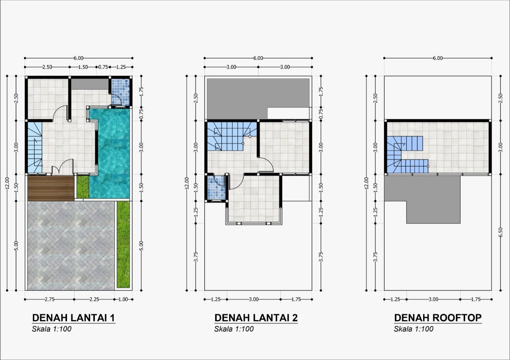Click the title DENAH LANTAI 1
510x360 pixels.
click(74, 318)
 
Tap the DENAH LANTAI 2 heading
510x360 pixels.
click(256, 318)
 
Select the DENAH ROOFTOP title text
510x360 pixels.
click(438, 318)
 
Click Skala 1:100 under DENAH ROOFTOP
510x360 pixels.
click(414, 329)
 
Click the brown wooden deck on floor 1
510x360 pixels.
click(51, 188)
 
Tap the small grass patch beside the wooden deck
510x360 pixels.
click(82, 187)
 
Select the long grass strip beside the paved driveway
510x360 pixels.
click(123, 245)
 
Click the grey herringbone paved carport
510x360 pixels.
click(71, 246)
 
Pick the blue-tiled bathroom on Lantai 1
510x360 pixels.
click(120, 92)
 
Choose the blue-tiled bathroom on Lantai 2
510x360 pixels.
click(216, 188)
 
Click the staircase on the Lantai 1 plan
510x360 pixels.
click(35, 147)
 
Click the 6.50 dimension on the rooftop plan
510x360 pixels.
click(500, 232)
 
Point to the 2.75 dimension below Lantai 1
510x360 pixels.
click(49, 299)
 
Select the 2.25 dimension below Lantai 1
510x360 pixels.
click(94, 299)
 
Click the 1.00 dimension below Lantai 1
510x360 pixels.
click(123, 299)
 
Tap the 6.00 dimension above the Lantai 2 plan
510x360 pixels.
click(258, 58)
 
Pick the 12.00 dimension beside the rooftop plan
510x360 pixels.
click(366, 183)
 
